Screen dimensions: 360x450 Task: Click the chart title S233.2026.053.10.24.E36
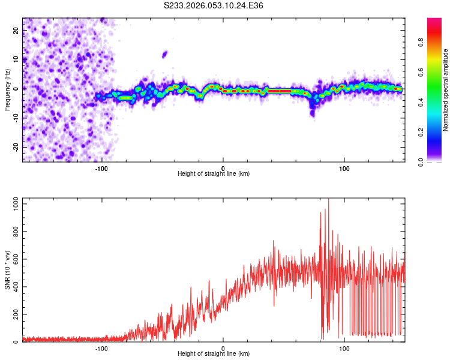tap(214, 5)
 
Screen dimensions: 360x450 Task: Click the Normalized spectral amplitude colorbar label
tap(446, 90)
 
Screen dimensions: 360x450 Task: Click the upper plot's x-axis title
tap(214, 173)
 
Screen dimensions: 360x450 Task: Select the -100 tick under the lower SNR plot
tap(101, 349)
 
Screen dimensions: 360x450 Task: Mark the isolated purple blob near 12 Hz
tap(164, 54)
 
